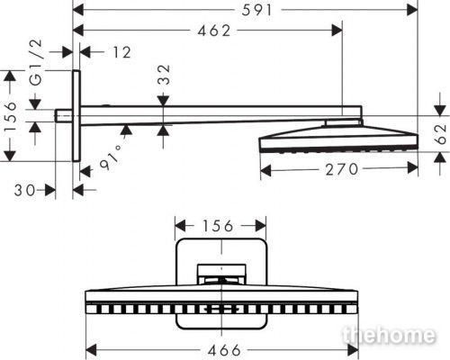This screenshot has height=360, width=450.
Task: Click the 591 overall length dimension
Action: pyautogui.click(x=256, y=10)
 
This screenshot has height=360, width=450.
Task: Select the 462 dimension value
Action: pyautogui.click(x=214, y=31)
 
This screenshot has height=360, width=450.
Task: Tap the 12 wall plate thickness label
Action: pyautogui.click(x=121, y=52)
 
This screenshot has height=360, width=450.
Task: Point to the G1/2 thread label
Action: pyautogui.click(x=37, y=63)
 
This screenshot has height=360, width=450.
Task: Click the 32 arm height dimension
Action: pyautogui.click(x=164, y=75)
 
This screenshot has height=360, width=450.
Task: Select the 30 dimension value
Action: pyautogui.click(x=25, y=190)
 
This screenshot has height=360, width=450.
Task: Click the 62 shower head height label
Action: pyautogui.click(x=440, y=134)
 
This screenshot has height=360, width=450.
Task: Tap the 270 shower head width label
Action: pyautogui.click(x=342, y=169)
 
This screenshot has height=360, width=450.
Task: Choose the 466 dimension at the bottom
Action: pyautogui.click(x=225, y=350)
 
